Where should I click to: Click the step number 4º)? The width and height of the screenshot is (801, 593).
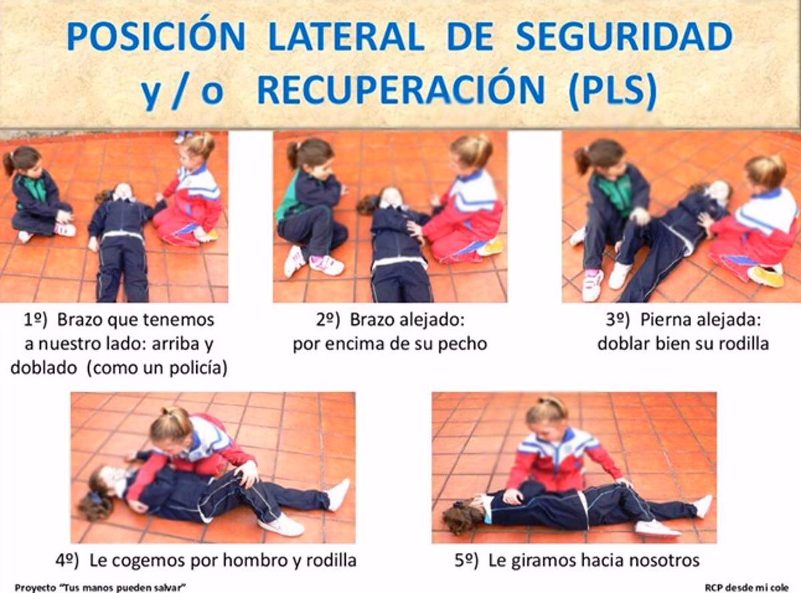[69, 560]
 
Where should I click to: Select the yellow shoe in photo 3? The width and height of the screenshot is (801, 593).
[765, 276]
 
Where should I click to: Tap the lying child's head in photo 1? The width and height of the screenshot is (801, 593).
[122, 192]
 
